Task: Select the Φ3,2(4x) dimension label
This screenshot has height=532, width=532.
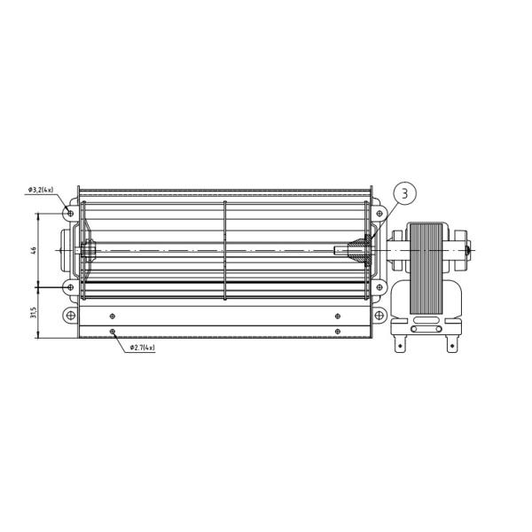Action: pyautogui.click(x=41, y=190)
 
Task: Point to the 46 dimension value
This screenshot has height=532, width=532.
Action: pyautogui.click(x=33, y=250)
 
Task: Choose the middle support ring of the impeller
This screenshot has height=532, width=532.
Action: pyautogui.click(x=225, y=251)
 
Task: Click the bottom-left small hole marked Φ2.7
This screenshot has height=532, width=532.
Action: pyautogui.click(x=112, y=332)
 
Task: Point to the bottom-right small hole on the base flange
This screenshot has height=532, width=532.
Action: pyautogui.click(x=338, y=332)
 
